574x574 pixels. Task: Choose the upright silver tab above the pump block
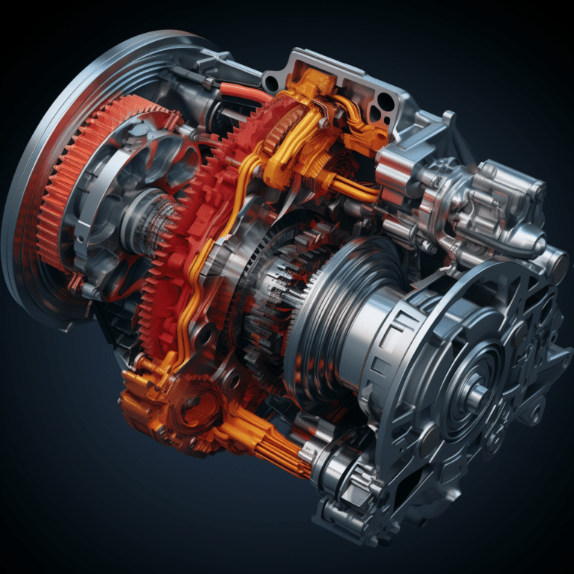pos(448,119)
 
